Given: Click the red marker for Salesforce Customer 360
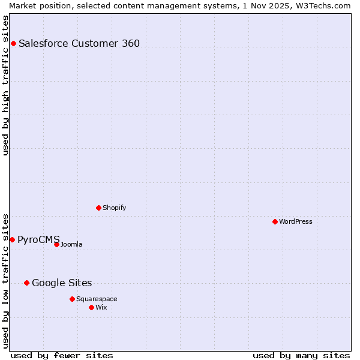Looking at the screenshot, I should coord(13,43).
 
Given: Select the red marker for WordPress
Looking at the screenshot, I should coord(275,221).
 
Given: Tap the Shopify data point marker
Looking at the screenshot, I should coord(98,208).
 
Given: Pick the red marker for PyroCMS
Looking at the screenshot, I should coord(12,239).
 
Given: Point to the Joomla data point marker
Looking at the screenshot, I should coord(56,244).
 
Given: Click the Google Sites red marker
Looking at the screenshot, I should coord(26,283).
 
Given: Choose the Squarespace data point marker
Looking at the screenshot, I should coord(72,299).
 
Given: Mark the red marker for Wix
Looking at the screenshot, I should coord(91,307).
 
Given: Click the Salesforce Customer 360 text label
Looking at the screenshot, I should coord(79,43).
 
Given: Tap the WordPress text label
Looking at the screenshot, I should coord(296,221).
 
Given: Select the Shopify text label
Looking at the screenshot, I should coord(114,208).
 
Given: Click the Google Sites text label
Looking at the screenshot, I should coord(62,283).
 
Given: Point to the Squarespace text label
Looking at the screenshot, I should coord(97,299).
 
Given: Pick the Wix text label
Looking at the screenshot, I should coord(101,307).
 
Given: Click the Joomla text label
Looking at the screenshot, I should coord(71,244).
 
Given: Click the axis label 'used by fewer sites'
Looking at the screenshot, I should coord(62,355).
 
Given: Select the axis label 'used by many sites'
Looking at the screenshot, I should coord(301,355).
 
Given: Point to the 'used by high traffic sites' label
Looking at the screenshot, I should coord(5,85).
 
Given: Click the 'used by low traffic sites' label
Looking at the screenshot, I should coord(5,280).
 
